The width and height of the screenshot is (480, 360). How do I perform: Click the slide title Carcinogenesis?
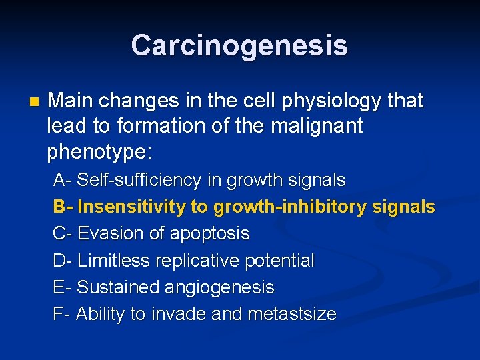coord(239,46)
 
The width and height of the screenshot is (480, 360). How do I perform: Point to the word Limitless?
coord(113,261)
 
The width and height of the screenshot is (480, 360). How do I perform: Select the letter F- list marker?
coord(61,314)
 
